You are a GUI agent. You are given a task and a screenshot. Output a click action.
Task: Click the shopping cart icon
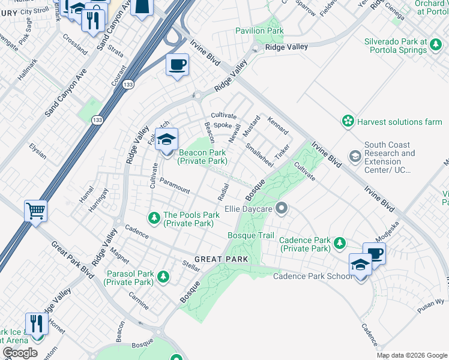tap(35, 211)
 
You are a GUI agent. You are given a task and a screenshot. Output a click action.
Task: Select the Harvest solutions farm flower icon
tap(348, 122)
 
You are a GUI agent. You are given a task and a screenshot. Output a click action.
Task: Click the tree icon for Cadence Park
tap(340, 243)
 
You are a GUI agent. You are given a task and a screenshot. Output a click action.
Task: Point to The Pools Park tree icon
tap(154, 216)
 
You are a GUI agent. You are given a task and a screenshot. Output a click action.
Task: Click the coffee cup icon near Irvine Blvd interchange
tap(177, 64)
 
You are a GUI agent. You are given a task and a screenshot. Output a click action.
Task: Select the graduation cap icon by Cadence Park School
tap(360, 264)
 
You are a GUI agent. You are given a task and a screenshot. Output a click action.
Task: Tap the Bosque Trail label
tap(251, 235)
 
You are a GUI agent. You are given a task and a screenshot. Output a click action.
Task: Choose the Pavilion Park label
tap(259, 30)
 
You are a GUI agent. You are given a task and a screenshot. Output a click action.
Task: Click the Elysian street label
tap(38, 151)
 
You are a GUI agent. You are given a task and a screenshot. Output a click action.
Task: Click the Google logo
tap(20, 353)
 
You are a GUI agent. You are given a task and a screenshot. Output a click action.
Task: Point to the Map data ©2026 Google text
tap(411, 355)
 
